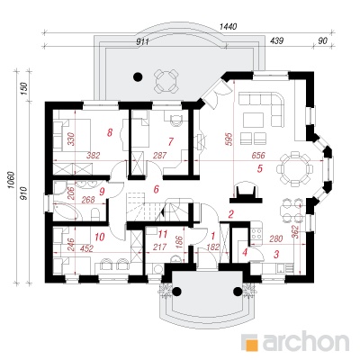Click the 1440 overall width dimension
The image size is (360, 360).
click(229, 27)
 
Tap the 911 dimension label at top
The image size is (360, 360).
click(143, 42)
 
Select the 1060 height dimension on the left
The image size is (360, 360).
click(11, 180)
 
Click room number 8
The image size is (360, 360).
click(110, 132)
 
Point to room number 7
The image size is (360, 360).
click(171, 141)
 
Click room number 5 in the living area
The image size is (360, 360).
click(260, 168)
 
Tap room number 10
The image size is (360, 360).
click(100, 237)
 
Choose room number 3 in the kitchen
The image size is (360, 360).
click(276, 255)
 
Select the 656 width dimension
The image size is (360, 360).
click(258, 156)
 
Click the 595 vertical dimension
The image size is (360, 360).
click(229, 139)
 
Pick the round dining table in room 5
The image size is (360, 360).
click(294, 168)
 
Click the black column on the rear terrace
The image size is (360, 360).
click(138, 77)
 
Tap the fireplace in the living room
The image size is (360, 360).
click(246, 193)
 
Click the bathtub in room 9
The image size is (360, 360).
click(67, 211)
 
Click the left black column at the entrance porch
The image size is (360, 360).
click(176, 291)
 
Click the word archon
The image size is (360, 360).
click(305, 340)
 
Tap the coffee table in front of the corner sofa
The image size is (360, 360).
click(254, 120)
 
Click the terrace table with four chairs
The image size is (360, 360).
click(166, 81)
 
